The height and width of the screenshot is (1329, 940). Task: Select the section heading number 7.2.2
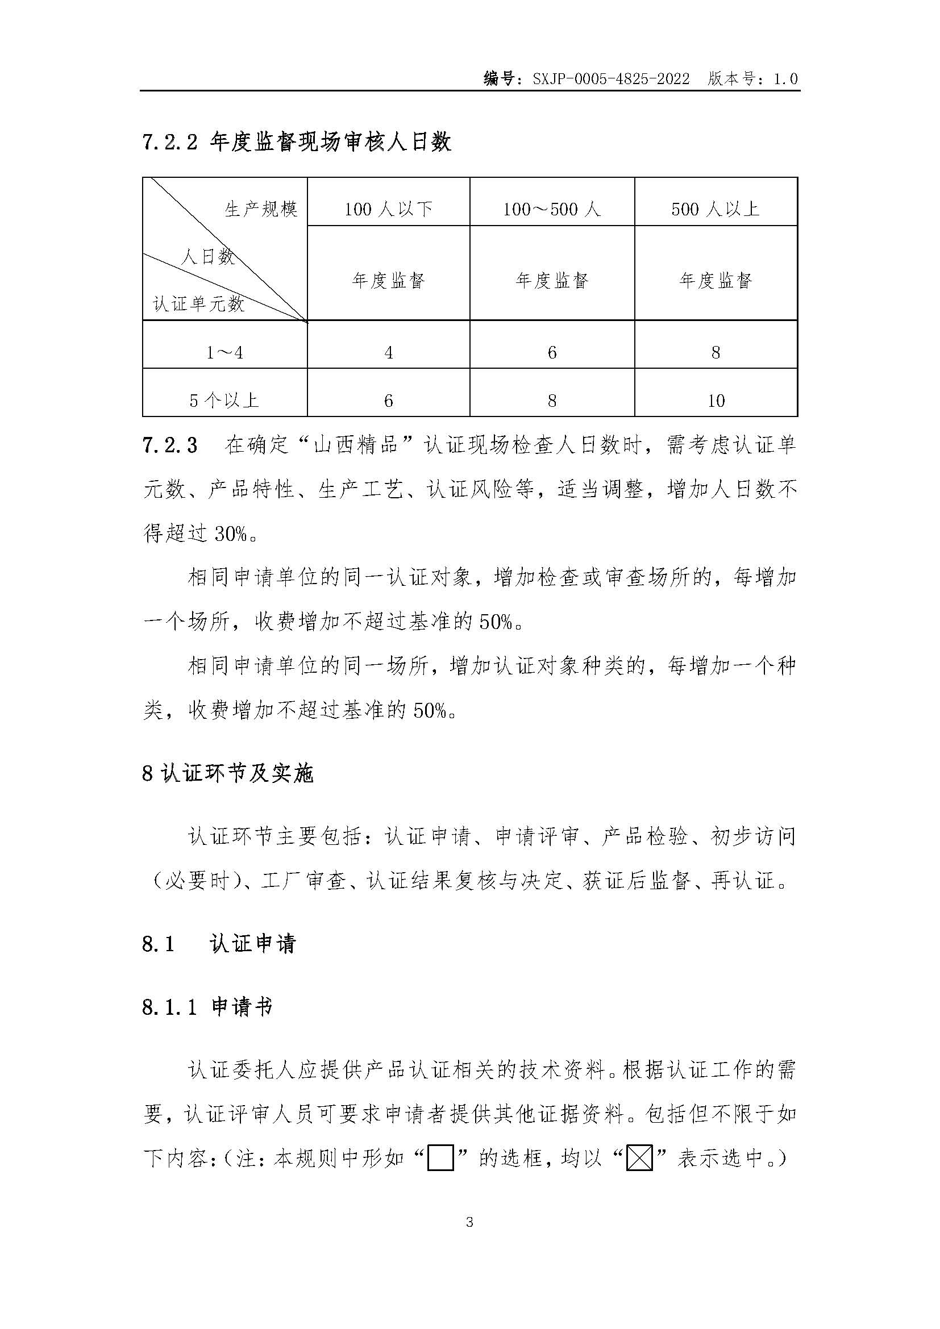point(169,142)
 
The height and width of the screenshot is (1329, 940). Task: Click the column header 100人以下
point(388,209)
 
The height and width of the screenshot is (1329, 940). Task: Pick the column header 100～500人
point(552,209)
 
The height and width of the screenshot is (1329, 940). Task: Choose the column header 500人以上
point(716,209)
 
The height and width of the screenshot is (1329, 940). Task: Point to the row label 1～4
point(224,352)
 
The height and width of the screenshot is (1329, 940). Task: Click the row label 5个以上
point(224,401)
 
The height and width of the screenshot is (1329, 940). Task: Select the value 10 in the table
point(716,401)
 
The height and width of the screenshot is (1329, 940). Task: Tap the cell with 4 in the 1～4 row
point(388,352)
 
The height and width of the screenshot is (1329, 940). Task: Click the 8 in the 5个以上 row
point(552,401)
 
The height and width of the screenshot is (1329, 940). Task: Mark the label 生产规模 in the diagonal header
point(261,209)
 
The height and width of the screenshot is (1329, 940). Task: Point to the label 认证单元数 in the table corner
point(198,304)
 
